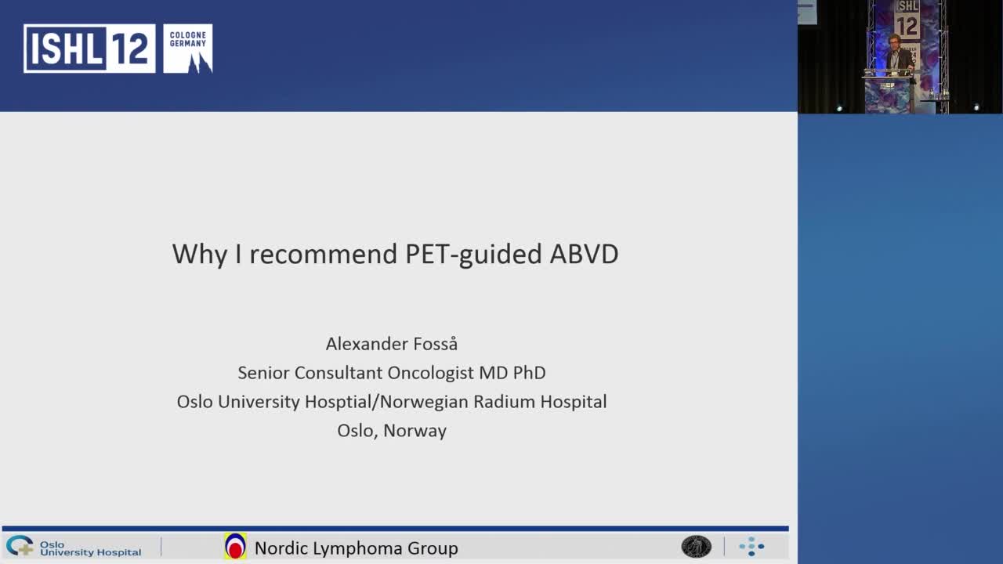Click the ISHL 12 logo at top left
[89, 49]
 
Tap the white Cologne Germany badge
[188, 49]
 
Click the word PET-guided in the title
[473, 255]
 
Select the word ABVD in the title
[584, 254]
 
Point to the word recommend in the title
[324, 254]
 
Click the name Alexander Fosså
[391, 344]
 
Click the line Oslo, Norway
[392, 431]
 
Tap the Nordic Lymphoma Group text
[356, 548]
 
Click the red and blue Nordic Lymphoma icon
[235, 547]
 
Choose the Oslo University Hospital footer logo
[74, 547]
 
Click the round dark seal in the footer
[696, 547]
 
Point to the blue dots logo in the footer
[751, 547]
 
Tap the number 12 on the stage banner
[907, 26]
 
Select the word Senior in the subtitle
[263, 373]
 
